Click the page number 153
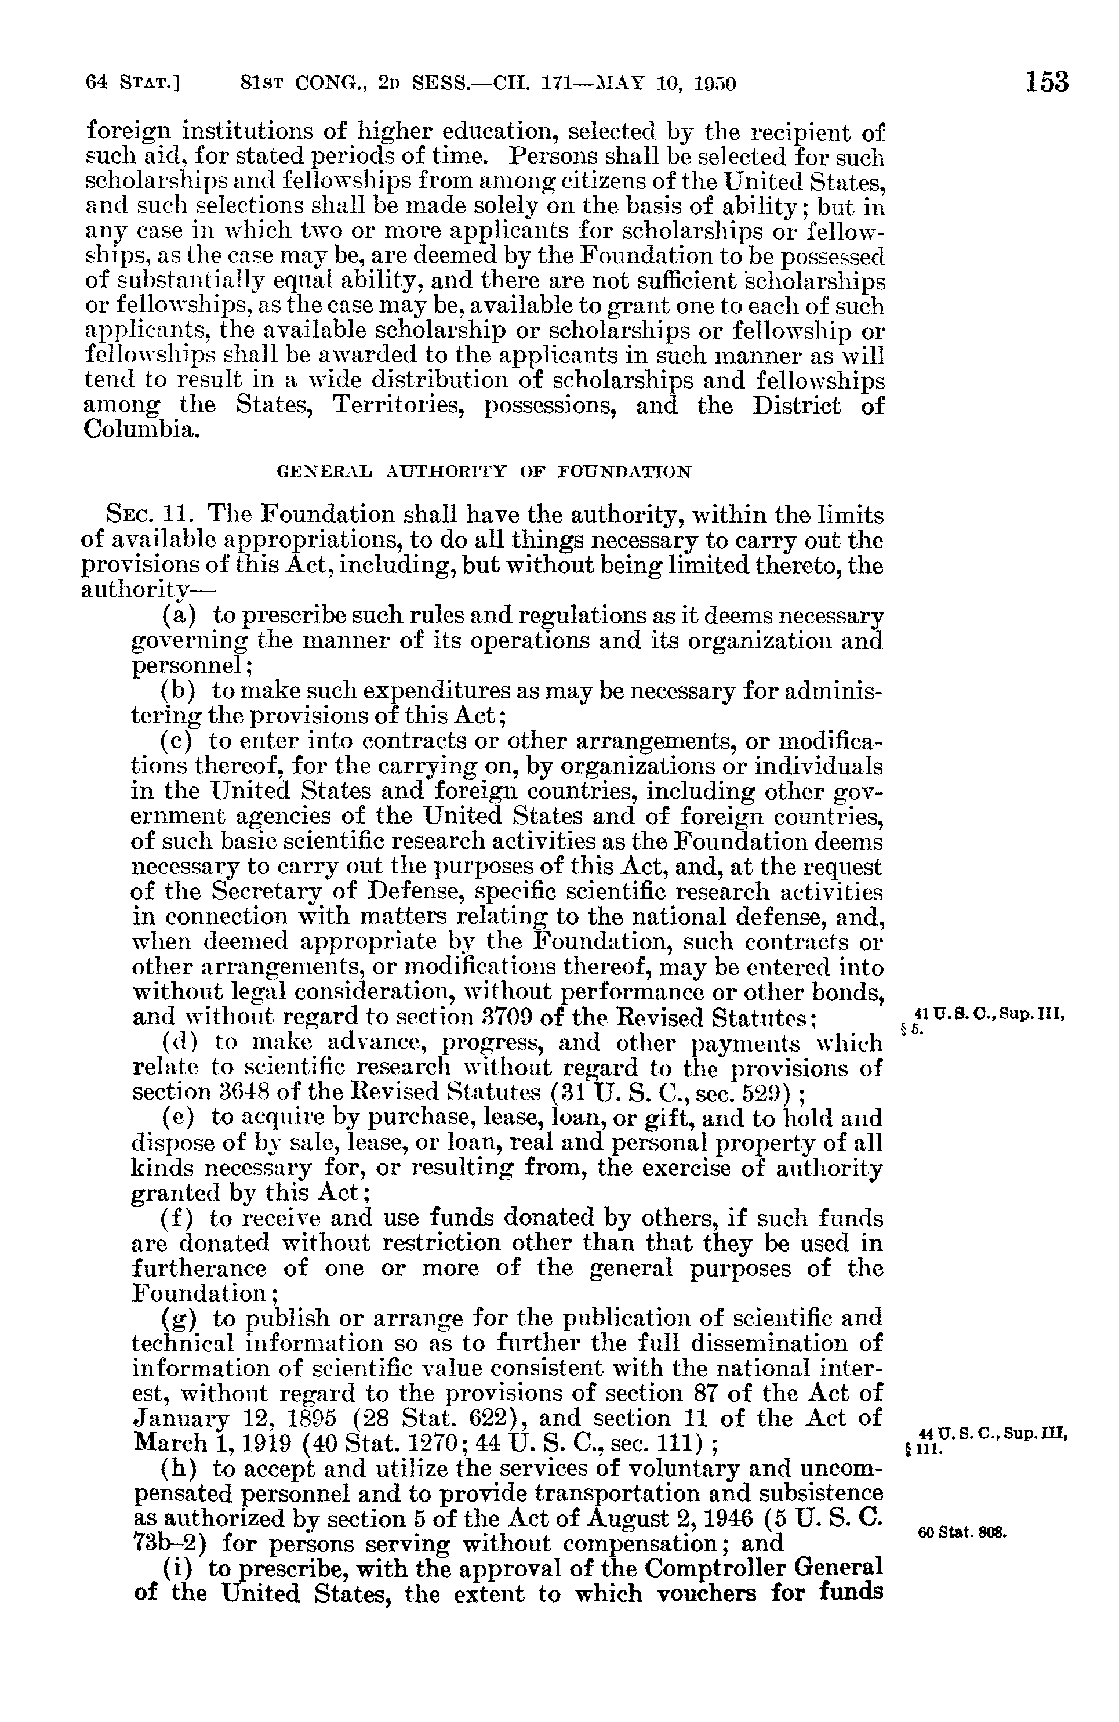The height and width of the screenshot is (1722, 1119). pos(1046,82)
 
